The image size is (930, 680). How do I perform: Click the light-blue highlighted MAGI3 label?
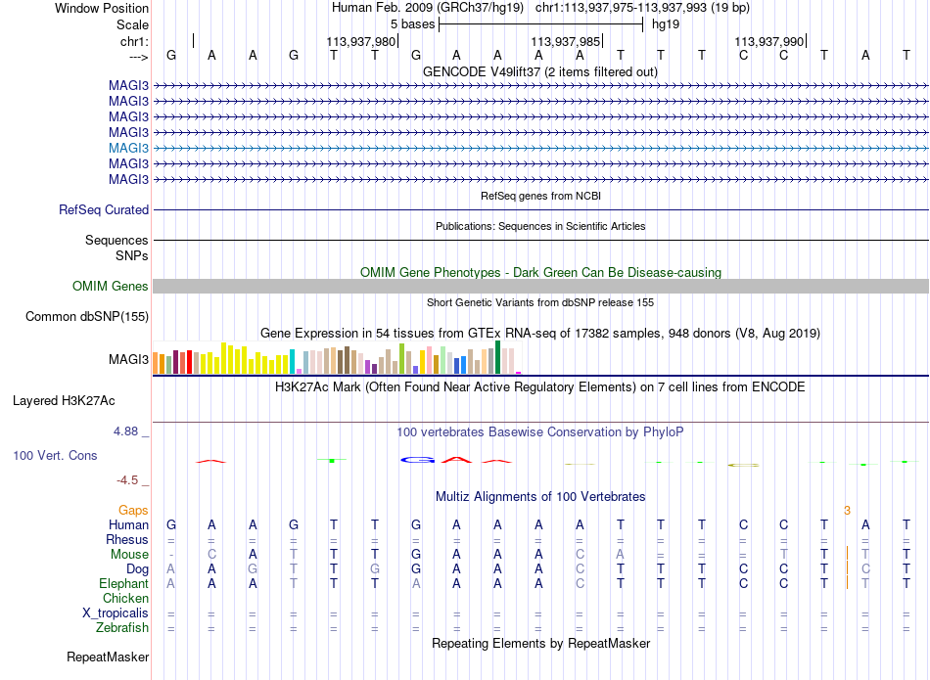128,148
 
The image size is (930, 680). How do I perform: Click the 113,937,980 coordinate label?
360,41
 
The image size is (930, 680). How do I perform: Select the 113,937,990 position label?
768,41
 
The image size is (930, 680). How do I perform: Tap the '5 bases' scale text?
412,24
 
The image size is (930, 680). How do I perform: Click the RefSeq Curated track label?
104,209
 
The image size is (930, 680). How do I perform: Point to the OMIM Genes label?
111,286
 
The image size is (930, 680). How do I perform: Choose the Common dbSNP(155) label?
87,317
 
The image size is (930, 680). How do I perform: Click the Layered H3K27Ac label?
64,401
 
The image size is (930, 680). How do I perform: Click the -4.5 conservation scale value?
127,479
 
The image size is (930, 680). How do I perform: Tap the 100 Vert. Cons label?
55,455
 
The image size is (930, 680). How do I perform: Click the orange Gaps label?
133,510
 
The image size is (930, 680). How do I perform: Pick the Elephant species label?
124,583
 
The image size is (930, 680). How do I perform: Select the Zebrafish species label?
122,627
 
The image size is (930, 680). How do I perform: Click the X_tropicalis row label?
116,613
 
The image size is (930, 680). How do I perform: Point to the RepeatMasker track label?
108,657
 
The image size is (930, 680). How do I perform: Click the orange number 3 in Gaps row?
848,511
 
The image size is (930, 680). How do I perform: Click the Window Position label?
102,8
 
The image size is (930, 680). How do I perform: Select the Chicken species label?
125,598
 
